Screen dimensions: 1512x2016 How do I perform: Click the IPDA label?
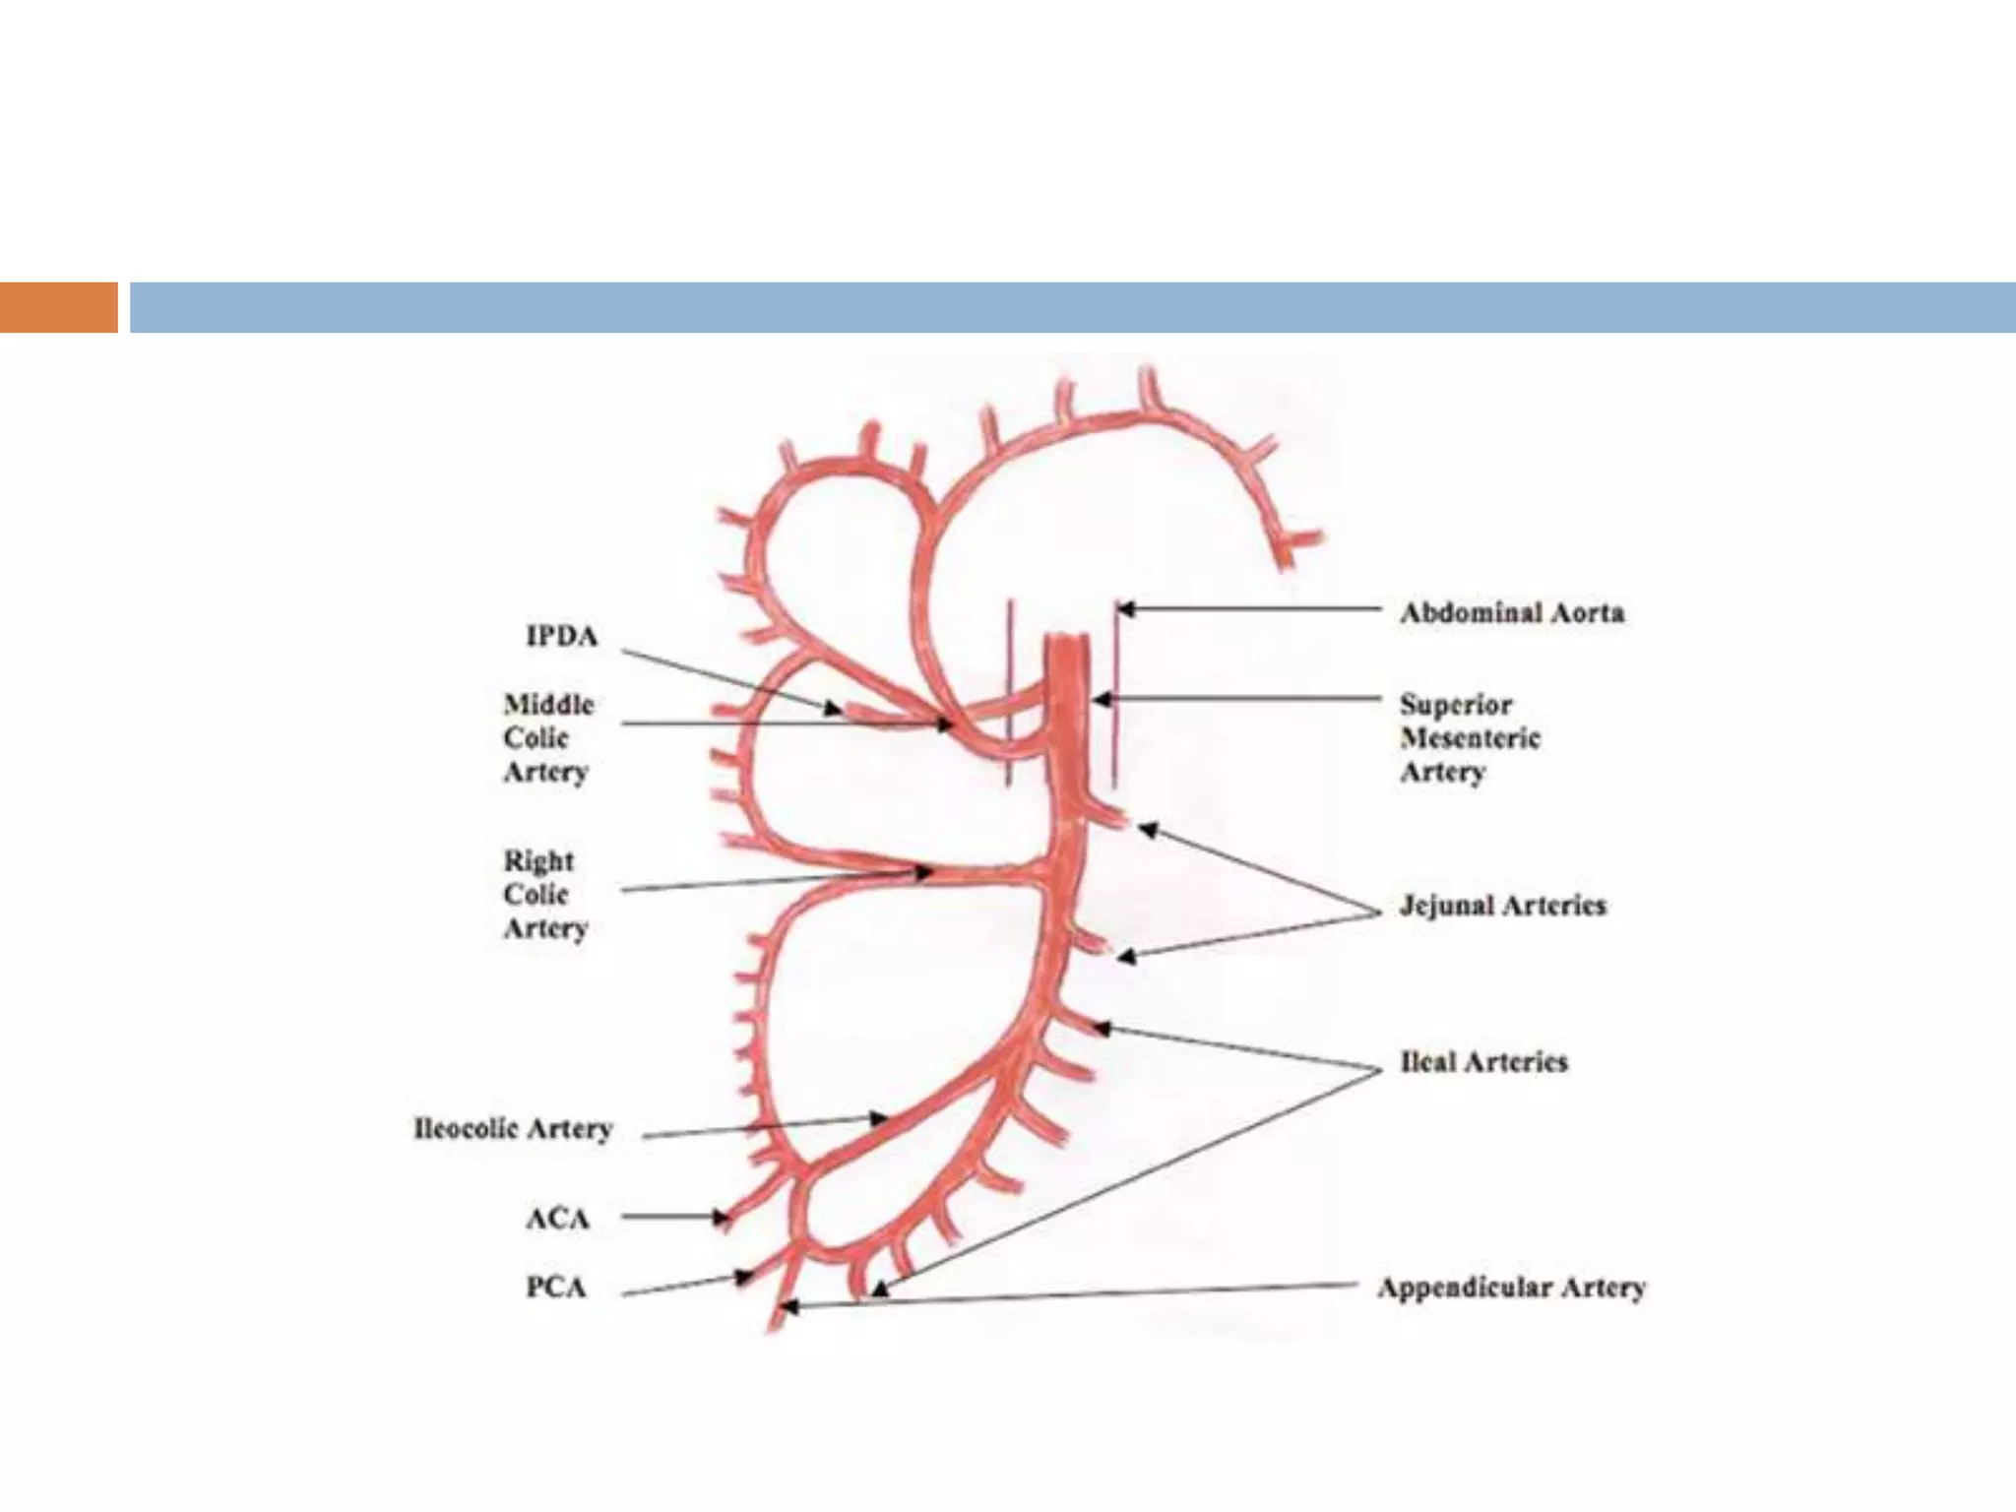pos(561,637)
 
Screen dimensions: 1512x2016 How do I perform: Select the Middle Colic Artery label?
pos(548,737)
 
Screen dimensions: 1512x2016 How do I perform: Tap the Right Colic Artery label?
pos(544,894)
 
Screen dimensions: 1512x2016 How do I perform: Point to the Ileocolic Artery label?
pos(513,1128)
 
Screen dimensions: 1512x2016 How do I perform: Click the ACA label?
pos(557,1219)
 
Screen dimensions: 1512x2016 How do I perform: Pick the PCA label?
pos(556,1288)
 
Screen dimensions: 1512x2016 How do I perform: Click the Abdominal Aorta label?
pos(1511,613)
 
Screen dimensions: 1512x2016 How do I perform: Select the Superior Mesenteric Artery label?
pos(1470,737)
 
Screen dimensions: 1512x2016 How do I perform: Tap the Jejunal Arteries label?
pos(1502,906)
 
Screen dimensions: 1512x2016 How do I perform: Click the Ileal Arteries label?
pos(1483,1062)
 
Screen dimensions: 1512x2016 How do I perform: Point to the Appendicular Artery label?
pos(1511,1289)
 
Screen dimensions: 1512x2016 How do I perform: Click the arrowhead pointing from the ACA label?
pos(722,1218)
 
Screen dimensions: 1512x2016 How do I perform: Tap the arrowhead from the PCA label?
pos(744,1278)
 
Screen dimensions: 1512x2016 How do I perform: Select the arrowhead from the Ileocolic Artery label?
pos(878,1118)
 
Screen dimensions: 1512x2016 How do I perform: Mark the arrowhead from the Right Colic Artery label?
pos(923,872)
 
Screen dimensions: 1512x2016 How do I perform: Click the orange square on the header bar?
pos(58,307)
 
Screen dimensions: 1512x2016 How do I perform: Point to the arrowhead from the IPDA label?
pos(833,707)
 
